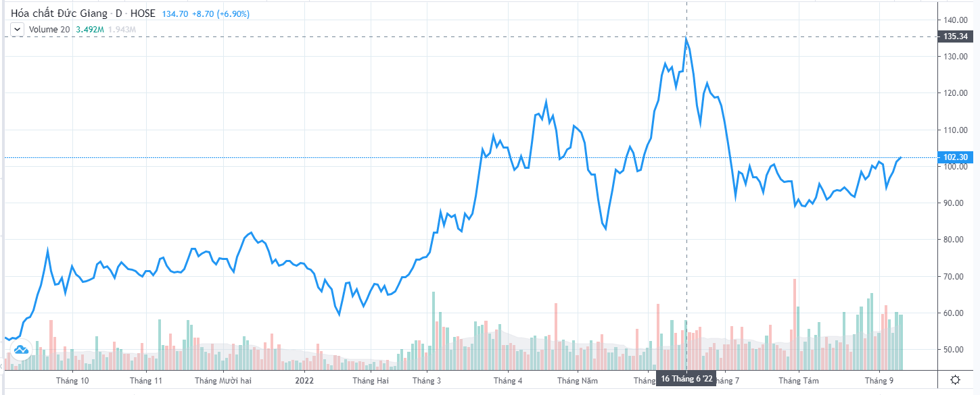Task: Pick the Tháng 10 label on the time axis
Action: pyautogui.click(x=74, y=381)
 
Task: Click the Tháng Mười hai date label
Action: pyautogui.click(x=223, y=381)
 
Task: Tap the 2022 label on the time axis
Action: pyautogui.click(x=304, y=381)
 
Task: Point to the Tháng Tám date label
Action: pyautogui.click(x=799, y=381)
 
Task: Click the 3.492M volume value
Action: pyautogui.click(x=90, y=29)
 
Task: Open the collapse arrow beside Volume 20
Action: pyautogui.click(x=17, y=29)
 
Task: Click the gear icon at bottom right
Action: pyautogui.click(x=954, y=379)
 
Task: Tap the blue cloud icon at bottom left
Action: pyautogui.click(x=20, y=349)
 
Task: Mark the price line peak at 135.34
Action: pyautogui.click(x=686, y=38)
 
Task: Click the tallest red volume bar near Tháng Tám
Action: pyautogui.click(x=795, y=324)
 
